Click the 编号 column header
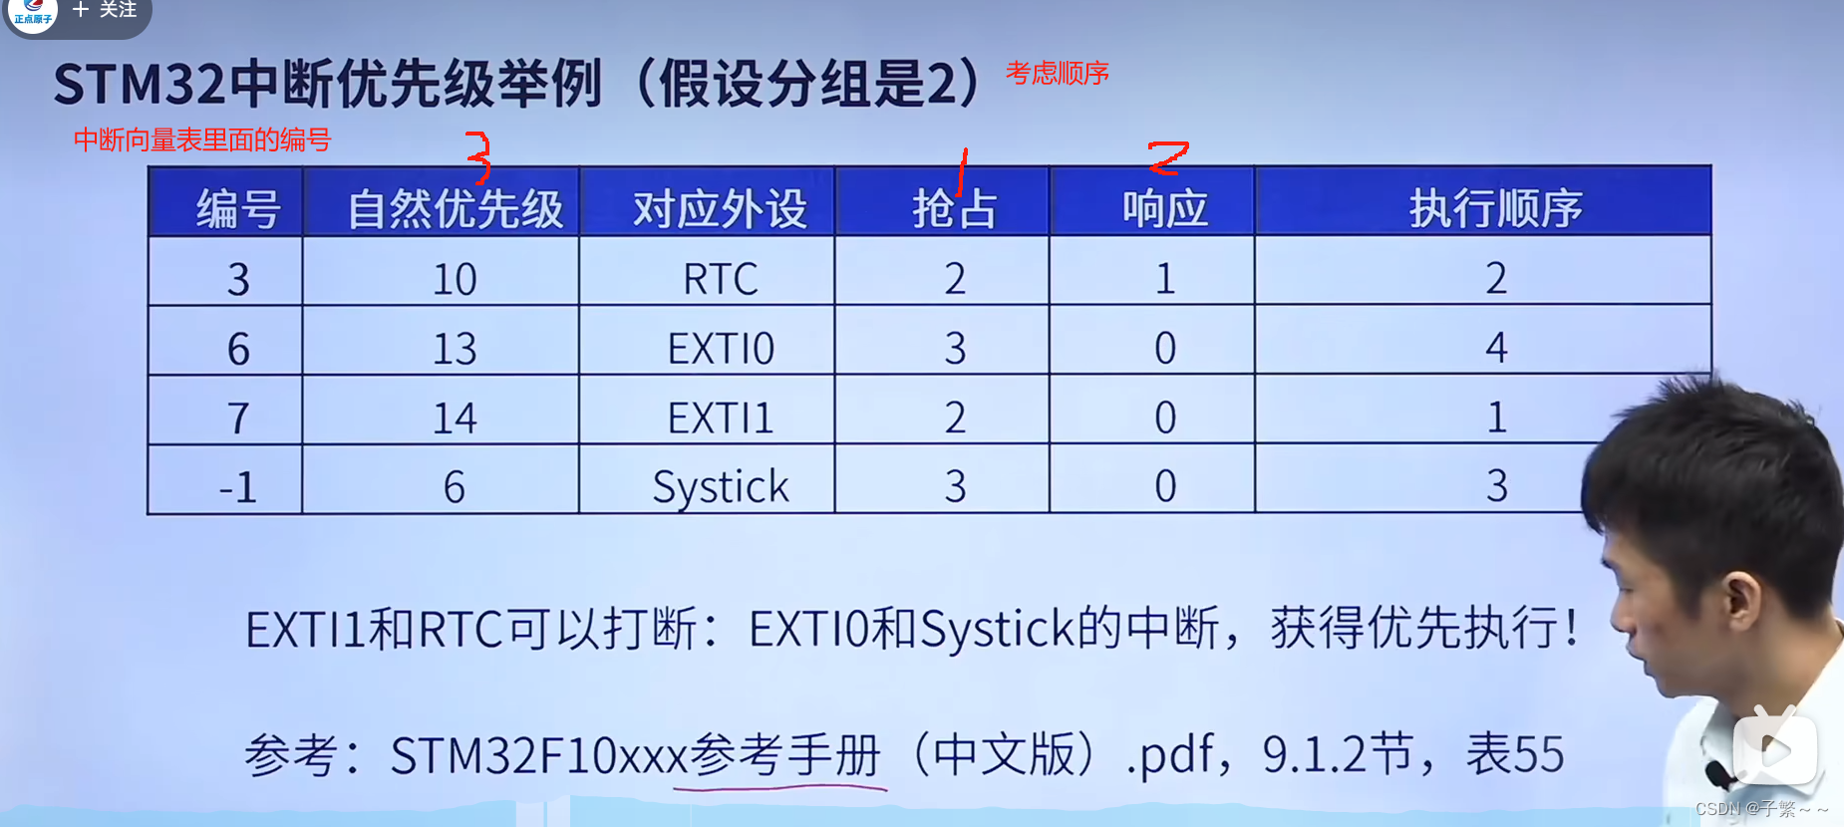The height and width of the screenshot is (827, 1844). click(x=237, y=209)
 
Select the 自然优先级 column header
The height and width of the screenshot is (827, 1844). click(x=455, y=209)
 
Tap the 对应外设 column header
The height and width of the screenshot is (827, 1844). click(x=720, y=209)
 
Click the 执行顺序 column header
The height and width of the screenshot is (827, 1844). click(x=1495, y=209)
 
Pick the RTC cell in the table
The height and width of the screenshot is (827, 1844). click(x=720, y=279)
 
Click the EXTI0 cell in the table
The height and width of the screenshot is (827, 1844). click(x=720, y=349)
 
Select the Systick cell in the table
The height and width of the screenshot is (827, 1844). click(x=720, y=487)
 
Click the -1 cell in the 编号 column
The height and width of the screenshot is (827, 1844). click(x=237, y=487)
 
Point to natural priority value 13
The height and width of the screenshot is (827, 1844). click(x=455, y=349)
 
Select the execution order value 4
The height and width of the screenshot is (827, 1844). click(x=1495, y=348)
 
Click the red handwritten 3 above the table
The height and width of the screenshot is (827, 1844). click(x=479, y=157)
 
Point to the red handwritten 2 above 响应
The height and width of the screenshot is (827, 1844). click(x=1167, y=156)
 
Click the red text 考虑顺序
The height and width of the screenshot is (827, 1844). click(x=1057, y=74)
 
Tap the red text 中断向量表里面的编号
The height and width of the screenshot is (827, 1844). click(x=202, y=139)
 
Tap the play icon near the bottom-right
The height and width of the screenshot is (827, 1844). click(x=1774, y=749)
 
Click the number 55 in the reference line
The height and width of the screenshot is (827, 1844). click(x=1540, y=754)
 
